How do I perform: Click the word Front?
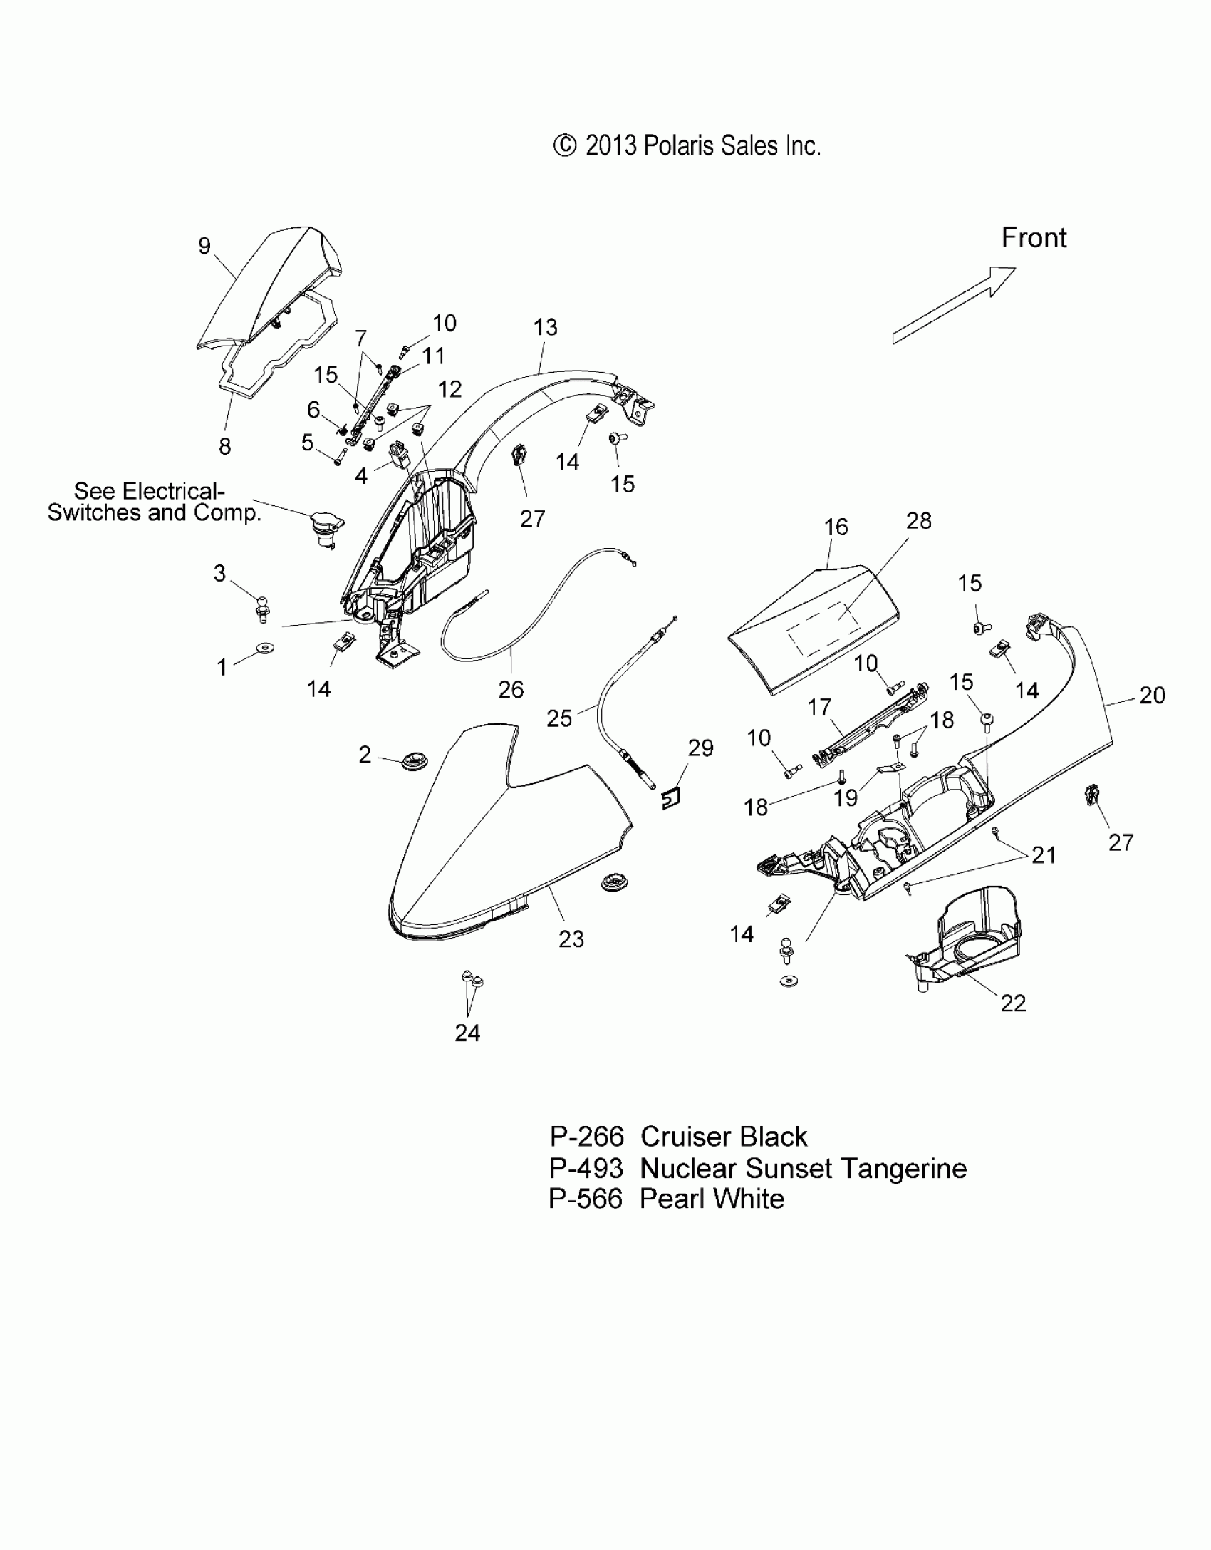click(1034, 238)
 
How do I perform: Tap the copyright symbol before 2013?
click(564, 145)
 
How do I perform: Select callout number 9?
click(204, 246)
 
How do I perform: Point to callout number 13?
click(546, 328)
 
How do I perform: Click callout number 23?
click(571, 939)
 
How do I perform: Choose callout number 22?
click(1013, 1003)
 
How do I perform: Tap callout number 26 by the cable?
click(511, 689)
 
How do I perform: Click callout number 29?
click(701, 748)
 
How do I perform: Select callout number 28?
click(919, 521)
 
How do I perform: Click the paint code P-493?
click(586, 1169)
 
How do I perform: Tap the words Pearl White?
click(712, 1199)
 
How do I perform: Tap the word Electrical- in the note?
click(172, 492)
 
